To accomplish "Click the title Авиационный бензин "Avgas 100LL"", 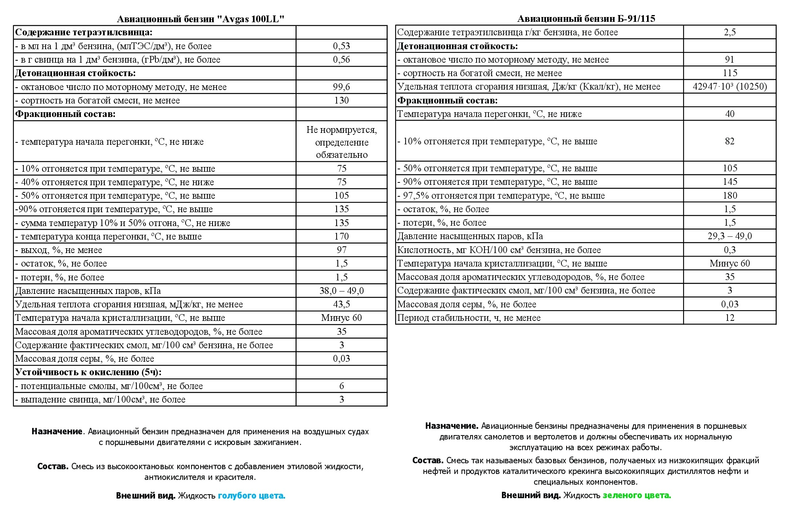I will [x=201, y=19].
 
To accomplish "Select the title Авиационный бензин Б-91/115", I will [x=586, y=19].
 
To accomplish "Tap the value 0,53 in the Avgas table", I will [x=341, y=46].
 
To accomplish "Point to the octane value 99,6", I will [x=341, y=87].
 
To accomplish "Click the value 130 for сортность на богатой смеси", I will [x=341, y=100].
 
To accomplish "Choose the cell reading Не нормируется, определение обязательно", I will [x=341, y=142].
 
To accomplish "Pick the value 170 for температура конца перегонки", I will [x=341, y=236].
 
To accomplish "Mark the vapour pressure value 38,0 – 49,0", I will [x=341, y=291].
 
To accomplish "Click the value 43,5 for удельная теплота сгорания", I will [x=341, y=304].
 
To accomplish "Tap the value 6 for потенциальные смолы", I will [x=341, y=386].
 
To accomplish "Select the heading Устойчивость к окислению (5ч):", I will [x=88, y=372].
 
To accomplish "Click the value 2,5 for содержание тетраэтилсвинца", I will [x=729, y=33].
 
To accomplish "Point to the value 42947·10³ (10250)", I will [x=729, y=86].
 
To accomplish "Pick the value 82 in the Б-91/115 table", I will [x=729, y=141].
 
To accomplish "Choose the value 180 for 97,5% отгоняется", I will [x=729, y=196].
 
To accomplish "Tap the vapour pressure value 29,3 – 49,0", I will [x=729, y=236].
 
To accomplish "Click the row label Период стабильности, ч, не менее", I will [x=469, y=318].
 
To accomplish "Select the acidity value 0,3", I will [x=729, y=250].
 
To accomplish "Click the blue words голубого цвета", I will [x=251, y=495].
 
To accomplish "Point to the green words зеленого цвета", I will [x=637, y=495].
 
